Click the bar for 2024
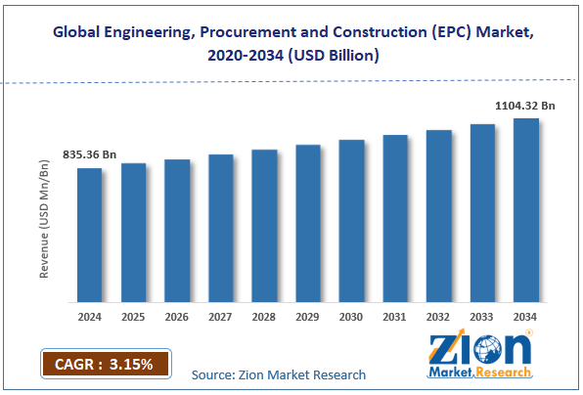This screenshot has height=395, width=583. tap(90, 235)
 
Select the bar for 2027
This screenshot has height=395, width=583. tap(221, 228)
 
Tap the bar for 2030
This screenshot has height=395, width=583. tap(351, 220)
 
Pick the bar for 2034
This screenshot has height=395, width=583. tap(526, 209)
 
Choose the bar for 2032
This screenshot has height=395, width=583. tap(439, 215)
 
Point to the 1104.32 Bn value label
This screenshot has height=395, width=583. tap(523, 105)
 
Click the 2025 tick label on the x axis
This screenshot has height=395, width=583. tap(133, 317)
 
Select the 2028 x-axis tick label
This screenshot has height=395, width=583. tap(264, 317)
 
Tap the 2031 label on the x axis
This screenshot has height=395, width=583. tap(395, 317)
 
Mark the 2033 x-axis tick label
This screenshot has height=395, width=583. tap(482, 317)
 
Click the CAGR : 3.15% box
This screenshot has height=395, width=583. tap(105, 365)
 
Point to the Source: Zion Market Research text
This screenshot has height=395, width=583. tap(279, 374)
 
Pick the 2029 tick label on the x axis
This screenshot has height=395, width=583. tap(308, 317)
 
